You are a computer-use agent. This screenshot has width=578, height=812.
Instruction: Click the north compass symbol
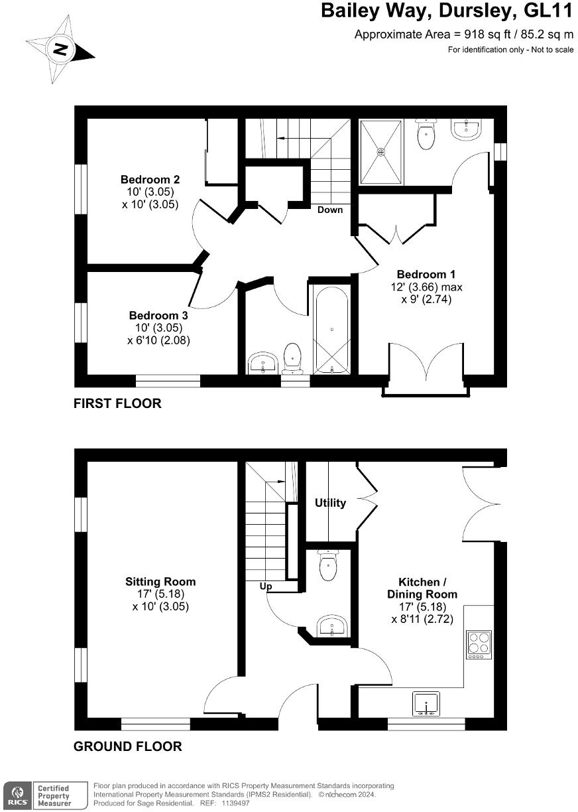(x=60, y=49)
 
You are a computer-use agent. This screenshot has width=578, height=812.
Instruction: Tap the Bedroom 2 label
(x=150, y=179)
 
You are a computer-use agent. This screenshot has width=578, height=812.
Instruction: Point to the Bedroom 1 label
(x=426, y=274)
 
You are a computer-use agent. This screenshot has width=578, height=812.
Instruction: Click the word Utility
(x=330, y=503)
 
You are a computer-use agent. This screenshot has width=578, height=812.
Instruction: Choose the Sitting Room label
(x=160, y=582)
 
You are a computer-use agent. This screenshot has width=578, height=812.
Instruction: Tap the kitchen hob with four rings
(x=479, y=642)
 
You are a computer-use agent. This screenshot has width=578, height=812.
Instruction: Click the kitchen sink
(x=426, y=703)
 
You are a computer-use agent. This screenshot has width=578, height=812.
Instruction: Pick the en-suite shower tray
(x=381, y=152)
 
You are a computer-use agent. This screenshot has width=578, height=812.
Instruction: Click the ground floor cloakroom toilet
(x=328, y=565)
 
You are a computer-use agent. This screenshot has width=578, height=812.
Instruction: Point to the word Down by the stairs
(x=330, y=210)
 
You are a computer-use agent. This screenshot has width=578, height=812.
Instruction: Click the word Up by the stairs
(x=266, y=586)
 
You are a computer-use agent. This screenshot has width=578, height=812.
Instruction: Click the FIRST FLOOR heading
(x=117, y=403)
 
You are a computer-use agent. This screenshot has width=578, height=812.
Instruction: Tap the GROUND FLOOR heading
(x=127, y=746)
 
